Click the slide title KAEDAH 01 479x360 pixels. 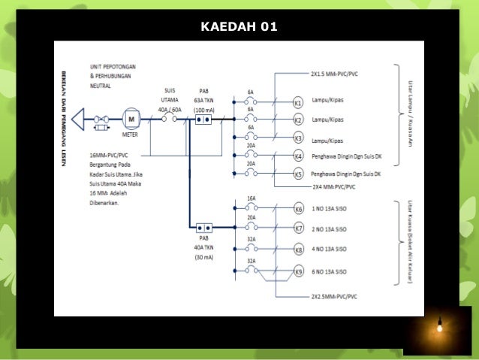click(239, 28)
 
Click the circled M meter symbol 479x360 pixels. click(132, 119)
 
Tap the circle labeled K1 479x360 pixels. click(298, 102)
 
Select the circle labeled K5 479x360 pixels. click(298, 174)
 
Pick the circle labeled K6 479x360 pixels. click(298, 210)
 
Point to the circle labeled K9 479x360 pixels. click(298, 271)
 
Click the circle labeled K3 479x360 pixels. click(298, 138)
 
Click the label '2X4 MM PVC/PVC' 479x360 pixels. click(335, 184)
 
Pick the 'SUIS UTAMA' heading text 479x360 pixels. click(170, 96)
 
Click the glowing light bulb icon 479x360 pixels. click(438, 327)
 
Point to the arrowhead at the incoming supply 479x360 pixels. click(79, 119)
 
